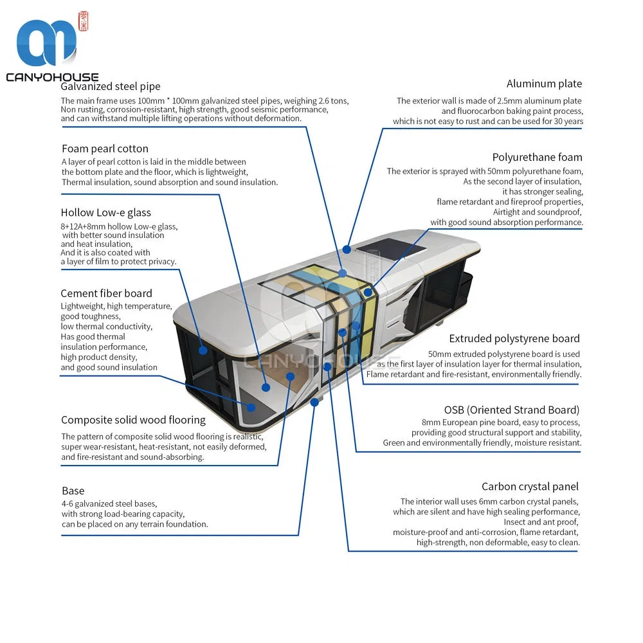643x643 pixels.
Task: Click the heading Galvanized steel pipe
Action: tap(111, 87)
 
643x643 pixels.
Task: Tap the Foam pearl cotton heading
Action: tap(105, 149)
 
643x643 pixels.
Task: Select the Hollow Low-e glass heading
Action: tap(106, 212)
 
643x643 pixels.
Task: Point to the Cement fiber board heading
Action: tap(106, 293)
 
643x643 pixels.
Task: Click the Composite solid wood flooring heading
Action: tap(133, 421)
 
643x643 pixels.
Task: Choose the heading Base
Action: tap(73, 491)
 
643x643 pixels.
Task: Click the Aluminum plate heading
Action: tap(544, 84)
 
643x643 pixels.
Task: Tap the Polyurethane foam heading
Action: tap(537, 158)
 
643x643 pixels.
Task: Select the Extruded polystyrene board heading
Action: tap(514, 339)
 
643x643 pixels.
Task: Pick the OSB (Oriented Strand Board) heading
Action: tap(512, 410)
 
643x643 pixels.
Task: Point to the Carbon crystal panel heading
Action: tap(530, 487)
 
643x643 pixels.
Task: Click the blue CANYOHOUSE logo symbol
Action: tap(46, 42)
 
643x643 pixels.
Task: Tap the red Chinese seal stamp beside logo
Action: tap(83, 21)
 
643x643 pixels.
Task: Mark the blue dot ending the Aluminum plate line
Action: tap(347, 249)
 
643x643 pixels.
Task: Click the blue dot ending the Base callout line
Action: tap(314, 403)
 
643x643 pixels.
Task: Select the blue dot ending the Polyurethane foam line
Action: tap(368, 293)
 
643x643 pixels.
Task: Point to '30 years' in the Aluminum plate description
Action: tap(568, 122)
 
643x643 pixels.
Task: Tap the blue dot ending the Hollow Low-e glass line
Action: tap(203, 350)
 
